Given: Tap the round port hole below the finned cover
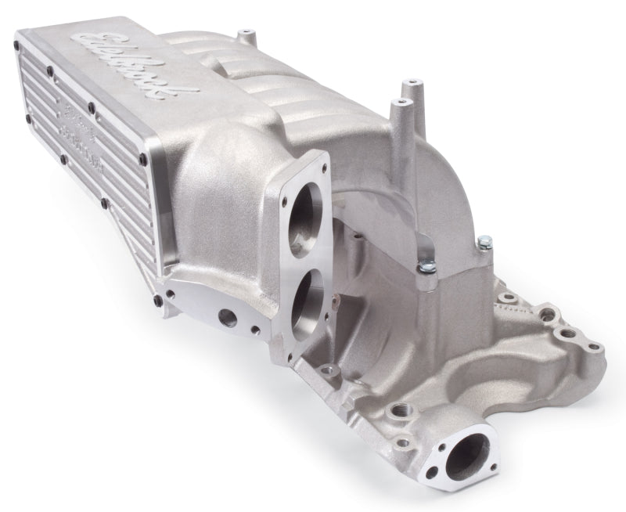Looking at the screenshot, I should [228, 318].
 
